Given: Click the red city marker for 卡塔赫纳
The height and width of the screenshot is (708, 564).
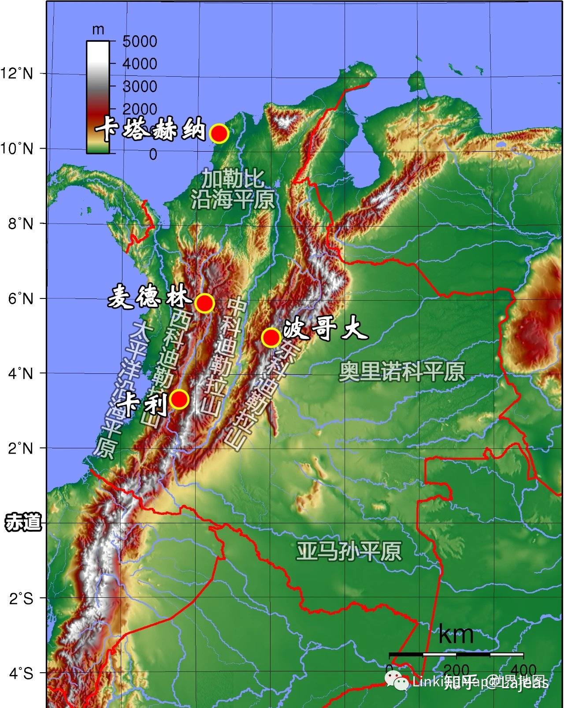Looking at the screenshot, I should (x=219, y=134).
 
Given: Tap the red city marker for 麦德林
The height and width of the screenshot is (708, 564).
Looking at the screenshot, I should (x=205, y=303).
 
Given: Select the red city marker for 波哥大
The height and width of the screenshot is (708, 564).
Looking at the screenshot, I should (x=271, y=337).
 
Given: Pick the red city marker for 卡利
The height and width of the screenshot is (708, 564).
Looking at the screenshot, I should (x=179, y=399).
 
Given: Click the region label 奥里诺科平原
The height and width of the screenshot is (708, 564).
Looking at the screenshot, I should (x=402, y=372).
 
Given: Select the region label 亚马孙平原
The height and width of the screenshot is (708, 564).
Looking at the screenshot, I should (x=349, y=551).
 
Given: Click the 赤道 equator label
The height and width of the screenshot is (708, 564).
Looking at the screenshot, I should (x=23, y=523).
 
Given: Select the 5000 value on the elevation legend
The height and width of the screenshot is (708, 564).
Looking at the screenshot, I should (x=140, y=41).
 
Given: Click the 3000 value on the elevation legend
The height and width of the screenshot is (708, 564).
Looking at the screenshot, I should (x=140, y=86).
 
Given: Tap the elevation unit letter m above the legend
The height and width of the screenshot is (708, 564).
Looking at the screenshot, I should (x=97, y=30).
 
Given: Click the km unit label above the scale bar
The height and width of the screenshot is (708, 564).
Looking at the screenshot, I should (x=456, y=635).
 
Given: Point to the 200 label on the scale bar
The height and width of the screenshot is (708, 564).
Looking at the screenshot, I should (x=456, y=668).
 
